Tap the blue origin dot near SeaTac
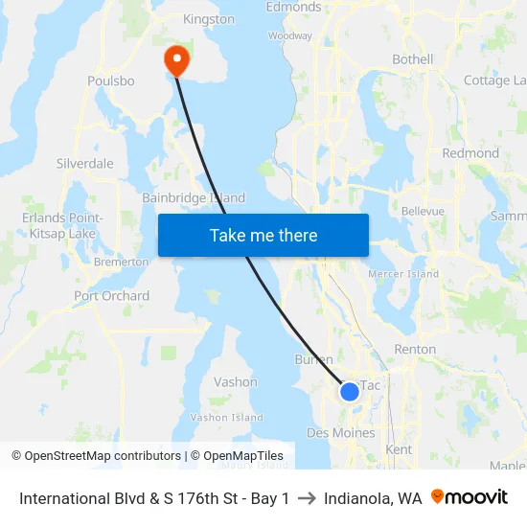pos(350,391)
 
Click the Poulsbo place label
pos(110,81)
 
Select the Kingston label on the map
pos(208,19)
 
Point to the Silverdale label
pos(85,164)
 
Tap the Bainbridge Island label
pos(194,198)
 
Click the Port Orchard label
pos(112,296)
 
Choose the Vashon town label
pos(236,381)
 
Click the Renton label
pos(415,350)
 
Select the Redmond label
pos(470,153)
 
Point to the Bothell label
pos(413,59)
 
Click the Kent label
pos(399,449)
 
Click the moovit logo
pos(470,497)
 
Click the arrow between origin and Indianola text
pos(307,498)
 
